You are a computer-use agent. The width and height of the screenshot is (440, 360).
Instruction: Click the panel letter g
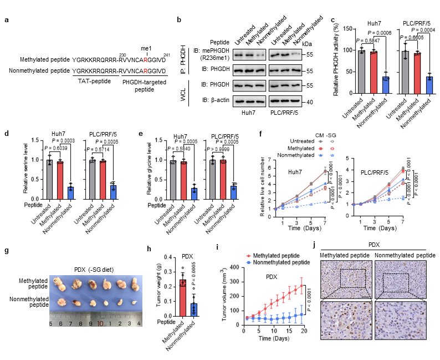click(6, 250)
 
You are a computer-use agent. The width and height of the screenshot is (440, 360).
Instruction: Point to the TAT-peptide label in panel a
click(90, 81)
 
